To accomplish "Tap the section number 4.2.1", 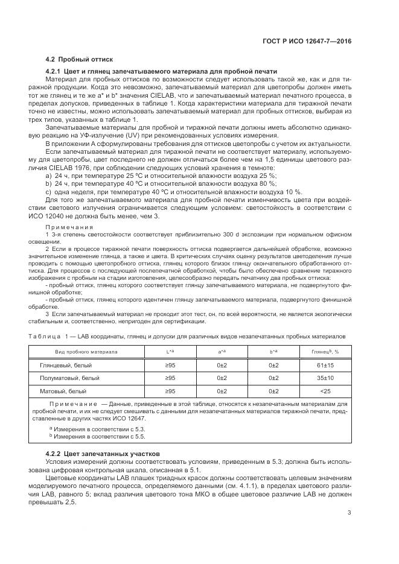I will [56, 72].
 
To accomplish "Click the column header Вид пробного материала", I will [86, 351].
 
